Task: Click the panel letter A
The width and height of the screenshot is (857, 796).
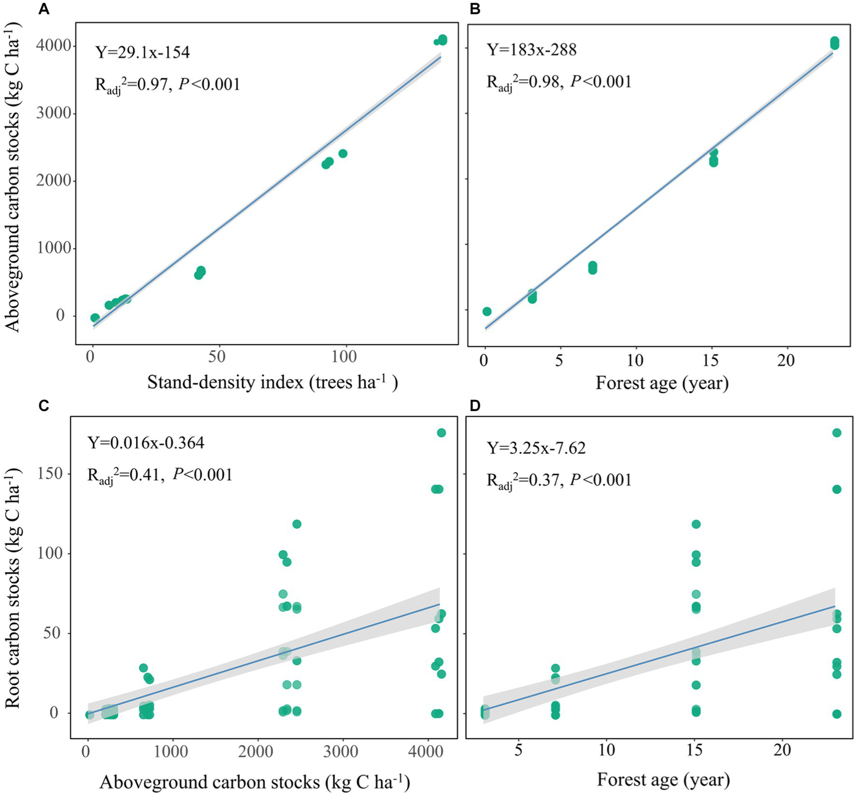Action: pyautogui.click(x=43, y=9)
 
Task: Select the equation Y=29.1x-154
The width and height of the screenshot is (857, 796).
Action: pyautogui.click(x=143, y=53)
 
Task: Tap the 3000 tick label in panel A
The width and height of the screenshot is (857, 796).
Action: pyautogui.click(x=54, y=113)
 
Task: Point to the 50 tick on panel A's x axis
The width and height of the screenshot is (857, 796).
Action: pyautogui.click(x=217, y=356)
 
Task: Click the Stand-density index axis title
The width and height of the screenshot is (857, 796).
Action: pyautogui.click(x=272, y=383)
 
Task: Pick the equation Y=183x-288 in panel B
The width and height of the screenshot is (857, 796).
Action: pyautogui.click(x=532, y=50)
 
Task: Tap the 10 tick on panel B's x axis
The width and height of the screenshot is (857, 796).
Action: pyautogui.click(x=635, y=360)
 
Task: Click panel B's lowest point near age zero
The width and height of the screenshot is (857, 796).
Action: pyautogui.click(x=487, y=312)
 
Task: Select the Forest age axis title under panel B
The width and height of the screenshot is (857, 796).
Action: pyautogui.click(x=662, y=383)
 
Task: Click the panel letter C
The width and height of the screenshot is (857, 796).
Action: pyautogui.click(x=44, y=406)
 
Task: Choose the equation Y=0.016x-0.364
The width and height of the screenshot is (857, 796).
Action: pyautogui.click(x=146, y=443)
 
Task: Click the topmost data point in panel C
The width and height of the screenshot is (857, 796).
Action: pyautogui.click(x=441, y=433)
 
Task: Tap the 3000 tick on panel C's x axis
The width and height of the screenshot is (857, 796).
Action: pyautogui.click(x=341, y=751)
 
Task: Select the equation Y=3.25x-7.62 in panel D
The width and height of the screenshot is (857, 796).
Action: pyautogui.click(x=536, y=448)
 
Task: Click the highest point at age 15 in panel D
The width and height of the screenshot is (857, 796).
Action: pyautogui.click(x=696, y=524)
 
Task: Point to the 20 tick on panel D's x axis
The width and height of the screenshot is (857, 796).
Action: pyautogui.click(x=782, y=750)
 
